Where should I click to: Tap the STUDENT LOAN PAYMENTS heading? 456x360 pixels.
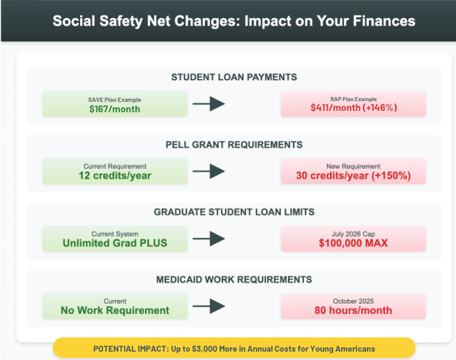point(234,77)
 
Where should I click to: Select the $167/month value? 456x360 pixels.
point(114,109)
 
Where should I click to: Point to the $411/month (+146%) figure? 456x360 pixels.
point(354,107)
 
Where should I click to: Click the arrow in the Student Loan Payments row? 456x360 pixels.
point(208,104)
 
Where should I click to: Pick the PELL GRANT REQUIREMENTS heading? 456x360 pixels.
point(234,144)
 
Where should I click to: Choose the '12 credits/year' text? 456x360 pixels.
point(115,176)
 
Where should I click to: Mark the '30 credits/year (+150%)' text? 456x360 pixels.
point(354,176)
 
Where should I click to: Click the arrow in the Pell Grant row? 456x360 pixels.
point(208,171)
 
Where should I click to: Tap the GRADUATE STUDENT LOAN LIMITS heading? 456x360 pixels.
point(234,212)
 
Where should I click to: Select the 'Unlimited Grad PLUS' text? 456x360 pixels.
point(115,243)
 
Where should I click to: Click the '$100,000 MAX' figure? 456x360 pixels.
point(354,243)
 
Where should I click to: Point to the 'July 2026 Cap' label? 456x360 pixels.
point(354,234)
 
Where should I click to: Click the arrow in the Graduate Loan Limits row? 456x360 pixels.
point(208,239)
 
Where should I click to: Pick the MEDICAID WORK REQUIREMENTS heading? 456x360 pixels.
point(234,279)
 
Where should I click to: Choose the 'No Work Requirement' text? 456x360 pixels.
point(115,310)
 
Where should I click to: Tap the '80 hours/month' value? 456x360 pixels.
point(354,310)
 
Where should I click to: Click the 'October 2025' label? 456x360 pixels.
point(354,301)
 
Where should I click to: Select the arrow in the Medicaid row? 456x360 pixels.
point(208,306)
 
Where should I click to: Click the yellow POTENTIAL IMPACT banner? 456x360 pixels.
point(234,347)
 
